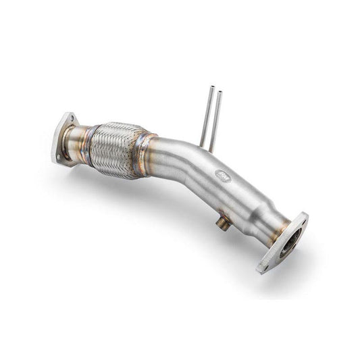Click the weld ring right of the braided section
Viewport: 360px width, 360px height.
point(144,154)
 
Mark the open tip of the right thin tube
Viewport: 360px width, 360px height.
point(218,88)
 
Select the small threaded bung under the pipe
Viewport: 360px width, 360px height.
point(221,223)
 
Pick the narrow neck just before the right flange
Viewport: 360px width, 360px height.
point(267,217)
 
